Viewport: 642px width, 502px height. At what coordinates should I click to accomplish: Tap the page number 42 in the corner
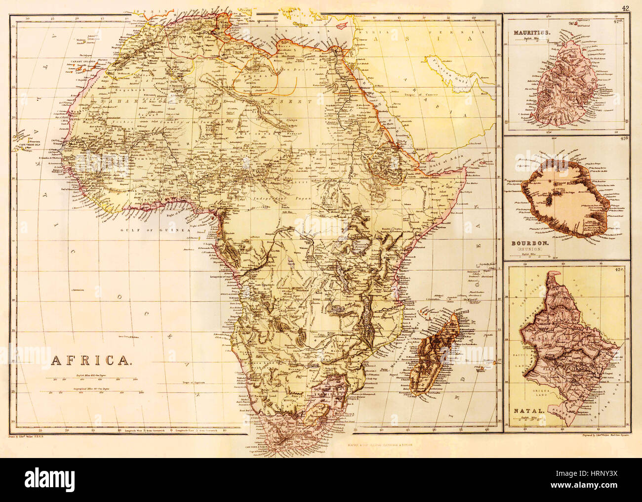(x=625, y=7)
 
